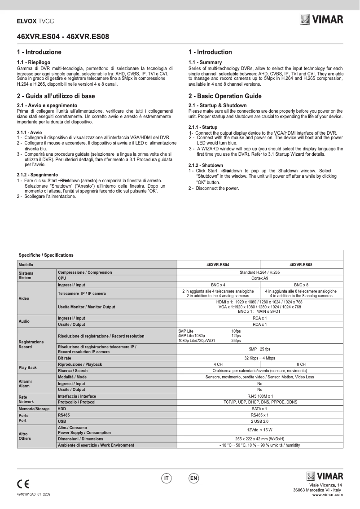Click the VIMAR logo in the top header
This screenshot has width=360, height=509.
pos(321,20)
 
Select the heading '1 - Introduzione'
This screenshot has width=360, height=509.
pos(39,52)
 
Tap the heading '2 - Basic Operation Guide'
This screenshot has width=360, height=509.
pos(225,96)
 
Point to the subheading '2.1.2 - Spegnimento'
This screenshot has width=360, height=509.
pos(37,175)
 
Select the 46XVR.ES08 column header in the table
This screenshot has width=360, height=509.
pos(301,265)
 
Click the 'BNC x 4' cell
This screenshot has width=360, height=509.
pos(218,285)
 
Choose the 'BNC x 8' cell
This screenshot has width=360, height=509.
pos(301,285)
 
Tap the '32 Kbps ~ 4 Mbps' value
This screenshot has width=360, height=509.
pos(259,358)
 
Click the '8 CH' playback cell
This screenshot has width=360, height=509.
pos(301,364)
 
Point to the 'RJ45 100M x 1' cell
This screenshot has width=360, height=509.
pos(259,396)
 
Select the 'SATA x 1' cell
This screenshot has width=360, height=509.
pos(259,409)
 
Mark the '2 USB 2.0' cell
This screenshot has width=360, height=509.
pos(259,422)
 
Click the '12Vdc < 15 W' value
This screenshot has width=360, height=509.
pos(259,430)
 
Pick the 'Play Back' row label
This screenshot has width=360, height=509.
pos(28,368)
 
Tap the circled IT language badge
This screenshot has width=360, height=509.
pos(167,479)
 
